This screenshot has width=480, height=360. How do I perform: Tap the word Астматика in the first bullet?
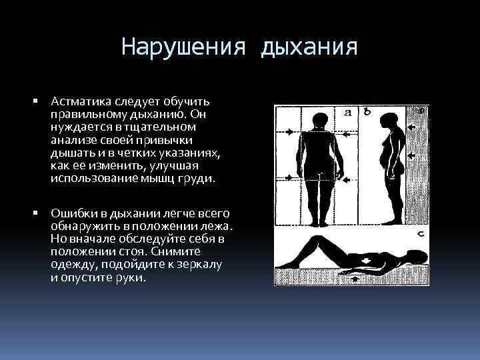coord(79,101)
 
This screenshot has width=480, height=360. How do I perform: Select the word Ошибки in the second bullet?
coord(73,213)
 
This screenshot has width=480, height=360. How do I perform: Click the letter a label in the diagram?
coord(348,113)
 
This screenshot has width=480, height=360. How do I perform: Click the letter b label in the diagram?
coord(367,112)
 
